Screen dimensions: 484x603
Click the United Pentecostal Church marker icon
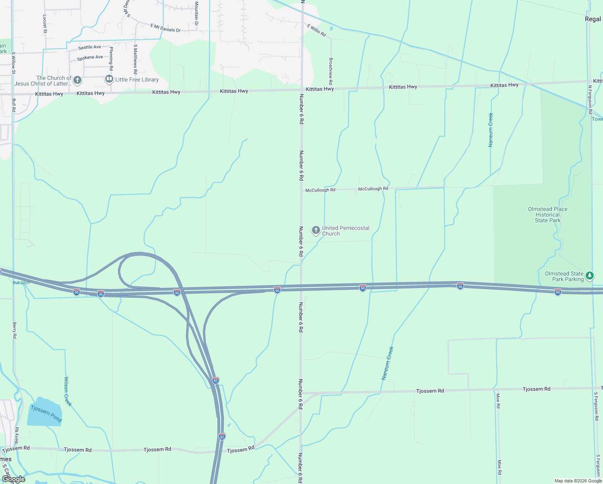[x=316, y=230]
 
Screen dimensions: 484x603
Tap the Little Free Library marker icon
[x=109, y=79]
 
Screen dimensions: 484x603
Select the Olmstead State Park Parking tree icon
[x=590, y=276]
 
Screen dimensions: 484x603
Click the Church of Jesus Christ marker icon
[x=77, y=80]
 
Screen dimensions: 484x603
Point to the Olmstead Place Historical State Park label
[x=547, y=215]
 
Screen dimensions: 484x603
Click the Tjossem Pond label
[x=46, y=414]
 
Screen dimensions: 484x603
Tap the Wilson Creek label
[x=68, y=391]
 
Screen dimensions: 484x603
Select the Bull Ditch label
[x=21, y=283]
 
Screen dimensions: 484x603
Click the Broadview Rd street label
[x=331, y=68]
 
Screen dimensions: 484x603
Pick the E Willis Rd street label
[x=316, y=30]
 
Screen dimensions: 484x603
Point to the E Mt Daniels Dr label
[x=165, y=28]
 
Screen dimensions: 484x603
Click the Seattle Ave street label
[x=89, y=48]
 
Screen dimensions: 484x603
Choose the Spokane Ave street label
[x=90, y=58]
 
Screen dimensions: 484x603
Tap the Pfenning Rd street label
[x=111, y=58]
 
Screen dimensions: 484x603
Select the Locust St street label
[x=45, y=21]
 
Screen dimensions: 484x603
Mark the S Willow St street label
[x=13, y=63]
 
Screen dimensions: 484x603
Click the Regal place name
[x=593, y=19]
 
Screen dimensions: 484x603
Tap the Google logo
[x=13, y=479]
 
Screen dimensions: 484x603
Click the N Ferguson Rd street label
[x=590, y=100]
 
